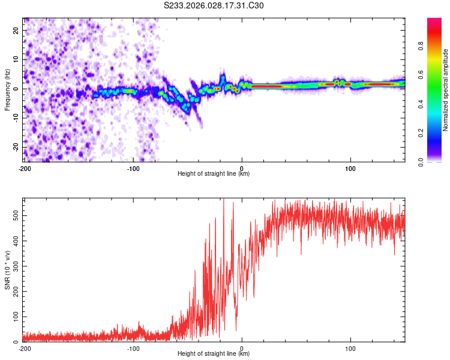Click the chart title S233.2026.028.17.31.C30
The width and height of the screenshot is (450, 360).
pyautogui.click(x=214, y=6)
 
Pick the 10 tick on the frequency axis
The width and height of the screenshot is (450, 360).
pyautogui.click(x=16, y=59)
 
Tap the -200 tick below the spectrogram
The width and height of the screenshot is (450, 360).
pyautogui.click(x=25, y=169)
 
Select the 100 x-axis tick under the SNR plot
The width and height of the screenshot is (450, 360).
pyautogui.click(x=350, y=349)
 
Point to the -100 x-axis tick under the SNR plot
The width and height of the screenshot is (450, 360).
pyautogui.click(x=133, y=349)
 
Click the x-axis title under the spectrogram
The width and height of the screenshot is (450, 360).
pyautogui.click(x=214, y=174)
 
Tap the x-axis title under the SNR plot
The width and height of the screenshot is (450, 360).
pyautogui.click(x=214, y=354)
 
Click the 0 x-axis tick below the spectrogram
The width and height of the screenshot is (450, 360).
pyautogui.click(x=242, y=169)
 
